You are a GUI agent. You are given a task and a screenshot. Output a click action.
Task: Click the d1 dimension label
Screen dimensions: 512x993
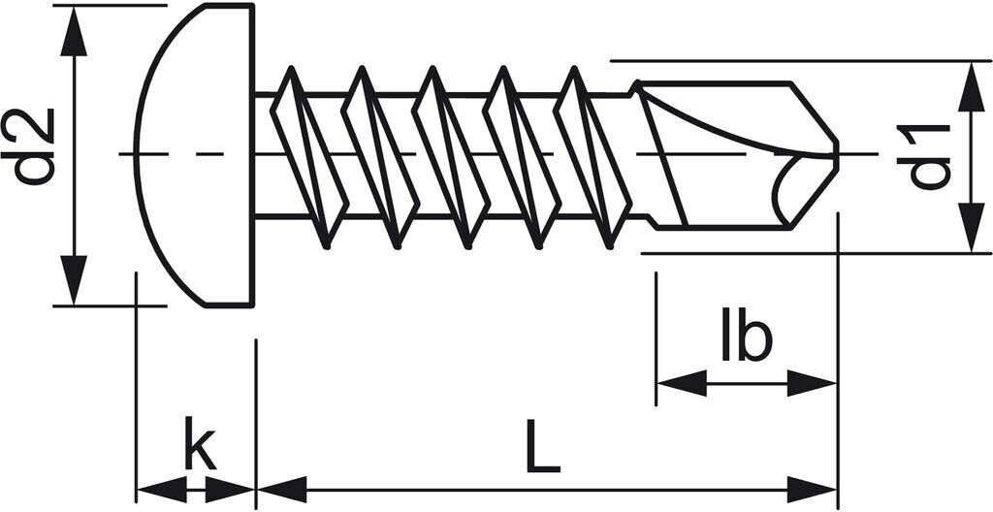[929, 155]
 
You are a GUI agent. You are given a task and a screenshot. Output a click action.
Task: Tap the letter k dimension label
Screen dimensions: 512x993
[199, 447]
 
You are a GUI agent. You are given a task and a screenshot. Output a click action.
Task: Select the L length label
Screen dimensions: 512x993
[542, 447]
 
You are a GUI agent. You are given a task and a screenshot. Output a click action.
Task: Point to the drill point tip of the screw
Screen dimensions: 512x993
[834, 155]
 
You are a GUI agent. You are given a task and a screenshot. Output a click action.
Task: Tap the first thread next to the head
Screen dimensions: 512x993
[308, 155]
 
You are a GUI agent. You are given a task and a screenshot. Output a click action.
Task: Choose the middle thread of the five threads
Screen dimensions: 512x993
[452, 155]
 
